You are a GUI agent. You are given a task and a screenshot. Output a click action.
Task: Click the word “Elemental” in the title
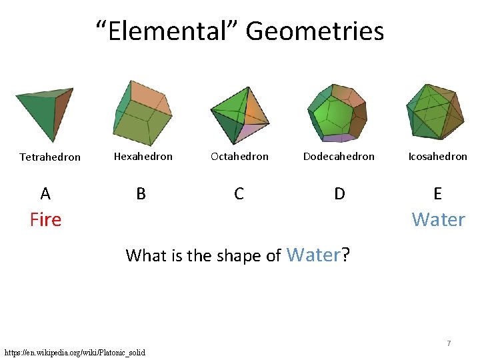coord(167,31)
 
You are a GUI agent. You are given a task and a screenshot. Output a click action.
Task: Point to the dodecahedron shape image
coord(337,113)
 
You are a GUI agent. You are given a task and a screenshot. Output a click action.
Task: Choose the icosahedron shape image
coord(435,111)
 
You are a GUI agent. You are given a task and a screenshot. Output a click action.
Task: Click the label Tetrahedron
coord(50,157)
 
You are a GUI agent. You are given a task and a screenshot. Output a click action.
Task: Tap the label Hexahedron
coord(143,157)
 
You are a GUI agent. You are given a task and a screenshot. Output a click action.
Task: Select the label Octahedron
coord(239,157)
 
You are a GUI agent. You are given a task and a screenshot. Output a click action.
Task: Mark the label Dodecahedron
coord(339,157)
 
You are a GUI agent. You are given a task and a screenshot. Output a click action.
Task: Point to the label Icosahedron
coord(437,157)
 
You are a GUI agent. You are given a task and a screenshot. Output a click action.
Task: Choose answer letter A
coord(45,194)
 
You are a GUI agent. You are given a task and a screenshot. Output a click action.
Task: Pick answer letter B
coord(141,194)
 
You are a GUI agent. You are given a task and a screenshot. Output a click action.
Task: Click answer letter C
coord(239,194)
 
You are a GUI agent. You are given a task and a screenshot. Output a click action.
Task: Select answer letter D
coord(339,194)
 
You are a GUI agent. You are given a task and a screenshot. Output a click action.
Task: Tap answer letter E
coord(437,194)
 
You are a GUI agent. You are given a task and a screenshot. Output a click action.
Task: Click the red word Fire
coord(45,219)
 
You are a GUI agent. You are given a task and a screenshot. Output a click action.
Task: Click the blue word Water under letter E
coord(438,219)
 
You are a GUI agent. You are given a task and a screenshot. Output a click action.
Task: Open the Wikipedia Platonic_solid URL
coord(75,352)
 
